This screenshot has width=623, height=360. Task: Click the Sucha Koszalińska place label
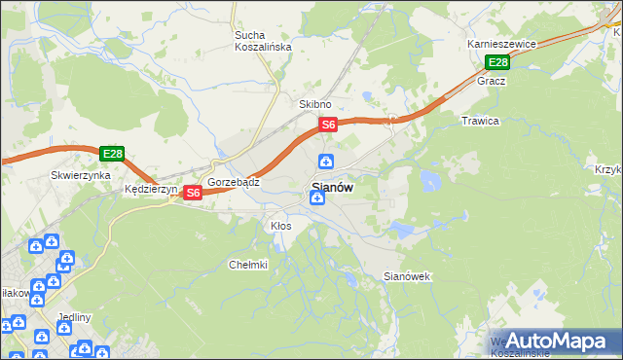(257, 42)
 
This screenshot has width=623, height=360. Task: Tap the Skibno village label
(315, 104)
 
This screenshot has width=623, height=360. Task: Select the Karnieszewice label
(501, 44)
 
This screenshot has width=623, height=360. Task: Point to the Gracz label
(491, 81)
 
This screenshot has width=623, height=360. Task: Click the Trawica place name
(479, 121)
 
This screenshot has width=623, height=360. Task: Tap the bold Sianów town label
(332, 187)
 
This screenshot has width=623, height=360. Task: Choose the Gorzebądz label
(233, 182)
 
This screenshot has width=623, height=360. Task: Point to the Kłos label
(280, 225)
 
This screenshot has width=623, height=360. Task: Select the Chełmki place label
(247, 264)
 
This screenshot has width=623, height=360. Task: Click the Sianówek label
(407, 276)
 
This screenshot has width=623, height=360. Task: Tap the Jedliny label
(75, 317)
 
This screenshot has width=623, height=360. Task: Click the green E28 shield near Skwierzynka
(112, 154)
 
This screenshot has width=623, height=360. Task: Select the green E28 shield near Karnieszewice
(497, 63)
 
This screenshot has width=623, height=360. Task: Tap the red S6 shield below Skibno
(328, 125)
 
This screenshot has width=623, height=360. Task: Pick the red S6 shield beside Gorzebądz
(193, 193)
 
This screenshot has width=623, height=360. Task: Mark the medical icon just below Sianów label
(316, 198)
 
